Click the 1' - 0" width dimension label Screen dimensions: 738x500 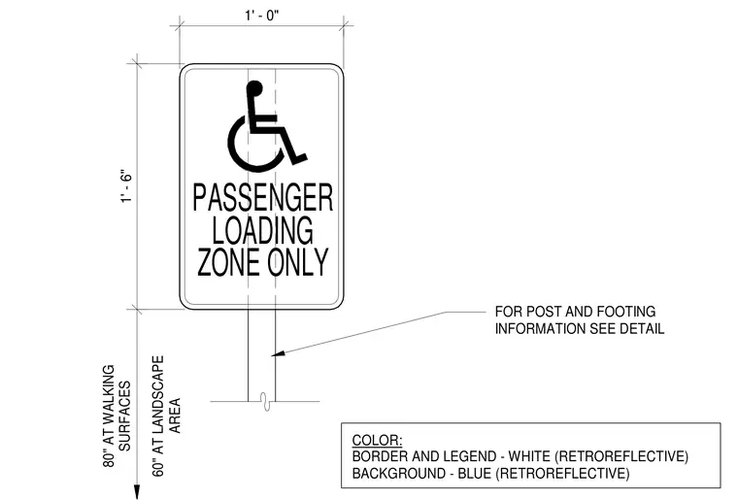[261, 16]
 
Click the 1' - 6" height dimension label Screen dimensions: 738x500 [126, 185]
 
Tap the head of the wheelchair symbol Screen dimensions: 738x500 [254, 88]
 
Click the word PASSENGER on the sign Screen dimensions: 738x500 [263, 197]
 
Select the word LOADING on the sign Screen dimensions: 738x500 [262, 230]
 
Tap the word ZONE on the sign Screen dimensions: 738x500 [229, 261]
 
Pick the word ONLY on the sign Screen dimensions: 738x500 [298, 261]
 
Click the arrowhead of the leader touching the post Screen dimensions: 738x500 [278, 352]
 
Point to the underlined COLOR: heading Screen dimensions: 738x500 [377, 440]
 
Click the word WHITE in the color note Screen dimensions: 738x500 [529, 456]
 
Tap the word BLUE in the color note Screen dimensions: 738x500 [475, 473]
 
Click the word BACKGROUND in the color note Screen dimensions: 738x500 [398, 473]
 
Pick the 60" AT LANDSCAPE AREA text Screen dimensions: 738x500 [166, 416]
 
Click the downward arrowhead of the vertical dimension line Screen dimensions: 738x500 [137, 491]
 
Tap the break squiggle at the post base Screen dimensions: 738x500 [266, 402]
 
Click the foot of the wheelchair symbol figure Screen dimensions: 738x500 [299, 159]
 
